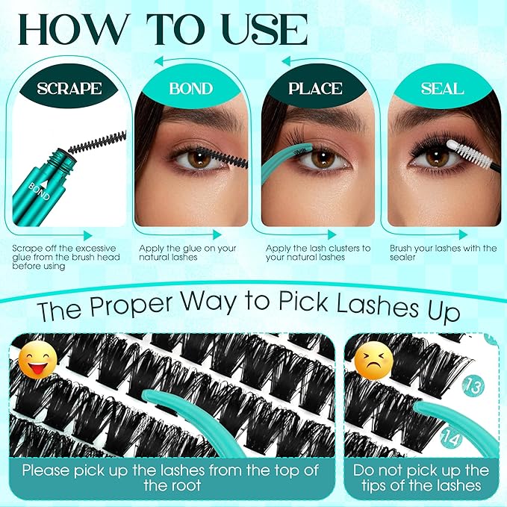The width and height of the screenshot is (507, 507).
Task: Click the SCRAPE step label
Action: pos(69,88)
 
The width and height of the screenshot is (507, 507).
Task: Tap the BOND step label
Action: pos(191,88)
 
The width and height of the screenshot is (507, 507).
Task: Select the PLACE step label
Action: pos(317,88)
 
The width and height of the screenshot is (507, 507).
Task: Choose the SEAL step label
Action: pos(444,88)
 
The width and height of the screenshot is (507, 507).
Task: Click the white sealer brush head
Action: pos(470,153)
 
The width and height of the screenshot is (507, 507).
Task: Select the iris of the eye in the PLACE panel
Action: pos(322,158)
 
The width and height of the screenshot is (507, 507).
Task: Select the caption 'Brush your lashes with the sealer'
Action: pos(443,252)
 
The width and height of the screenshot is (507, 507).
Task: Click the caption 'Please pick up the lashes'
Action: pos(170,477)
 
